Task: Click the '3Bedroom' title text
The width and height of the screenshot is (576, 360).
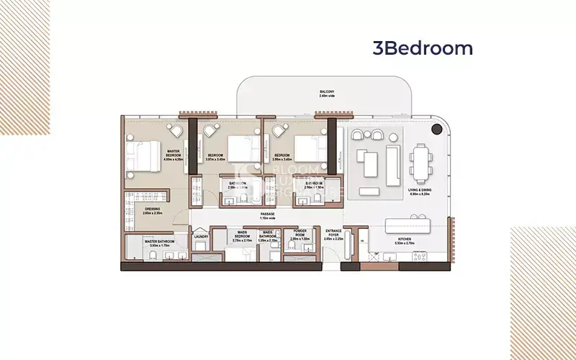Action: coord(423,48)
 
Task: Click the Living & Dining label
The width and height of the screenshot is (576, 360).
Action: coord(419,192)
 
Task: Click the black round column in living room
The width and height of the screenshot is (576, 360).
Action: coord(436,130)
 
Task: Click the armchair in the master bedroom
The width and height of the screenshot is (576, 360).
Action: coord(175,132)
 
